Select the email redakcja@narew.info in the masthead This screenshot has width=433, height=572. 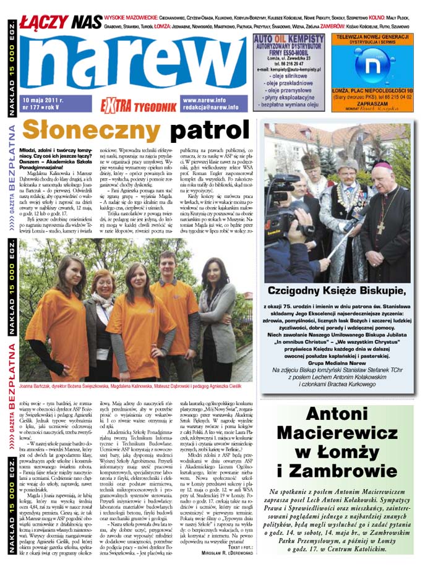[x=210, y=107]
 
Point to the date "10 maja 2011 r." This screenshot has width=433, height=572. [x=43, y=100]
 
